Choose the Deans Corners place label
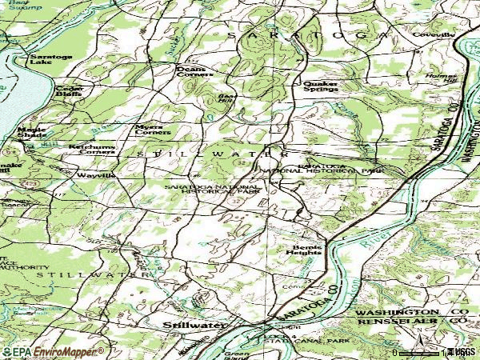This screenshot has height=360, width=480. click(195, 73)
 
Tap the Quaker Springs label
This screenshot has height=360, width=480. click(320, 86)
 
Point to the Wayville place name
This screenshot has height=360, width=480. click(96, 174)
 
